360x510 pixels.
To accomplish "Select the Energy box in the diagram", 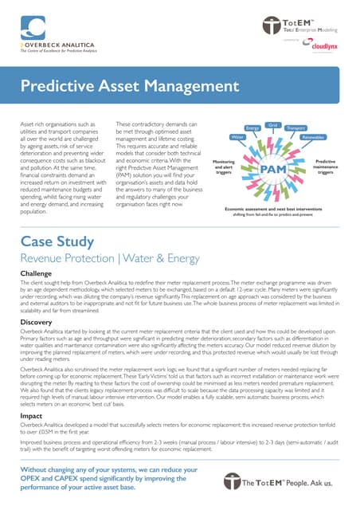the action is pyautogui.click(x=253, y=128).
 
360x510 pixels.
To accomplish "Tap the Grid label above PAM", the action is pyautogui.click(x=272, y=125).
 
